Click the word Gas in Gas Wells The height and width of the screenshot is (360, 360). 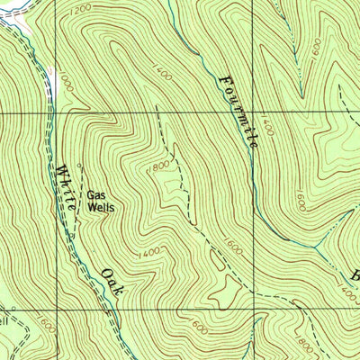pyautogui.click(x=96, y=193)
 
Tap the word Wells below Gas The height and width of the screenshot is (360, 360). pyautogui.click(x=100, y=206)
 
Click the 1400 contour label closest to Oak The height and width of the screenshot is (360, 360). pyautogui.click(x=151, y=252)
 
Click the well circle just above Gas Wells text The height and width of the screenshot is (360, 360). pyautogui.click(x=80, y=165)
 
